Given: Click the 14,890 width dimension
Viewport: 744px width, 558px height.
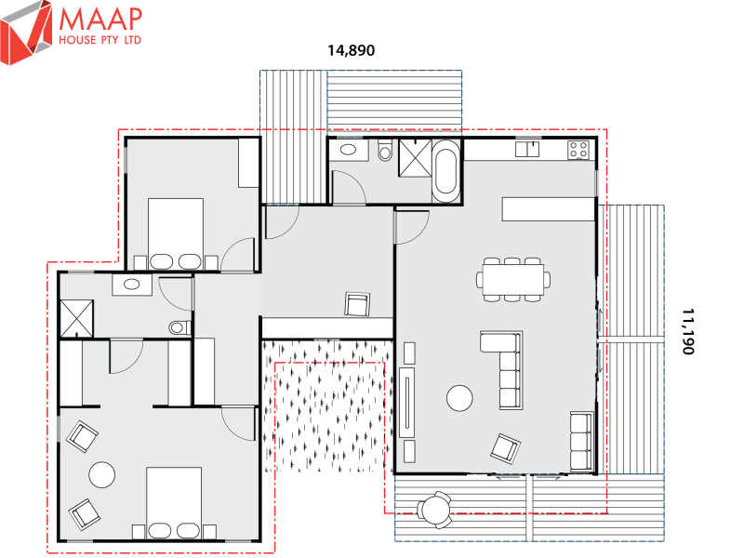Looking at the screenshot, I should (x=351, y=51).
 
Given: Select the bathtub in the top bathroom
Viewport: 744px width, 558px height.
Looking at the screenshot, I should (x=446, y=170).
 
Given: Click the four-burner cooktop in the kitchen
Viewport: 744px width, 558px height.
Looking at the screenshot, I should (x=578, y=148).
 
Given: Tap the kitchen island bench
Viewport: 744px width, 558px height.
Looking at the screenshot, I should (x=548, y=209).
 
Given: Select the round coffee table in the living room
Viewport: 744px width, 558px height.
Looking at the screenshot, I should (x=460, y=399).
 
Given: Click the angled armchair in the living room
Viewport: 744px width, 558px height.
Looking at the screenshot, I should (x=506, y=447).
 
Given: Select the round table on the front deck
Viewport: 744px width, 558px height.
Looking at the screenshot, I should (x=434, y=509).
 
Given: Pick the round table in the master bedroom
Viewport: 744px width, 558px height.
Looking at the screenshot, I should (x=101, y=475).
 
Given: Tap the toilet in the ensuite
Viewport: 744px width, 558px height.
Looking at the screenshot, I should (x=179, y=326).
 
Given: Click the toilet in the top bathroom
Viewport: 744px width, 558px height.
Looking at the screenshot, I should (x=386, y=150).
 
